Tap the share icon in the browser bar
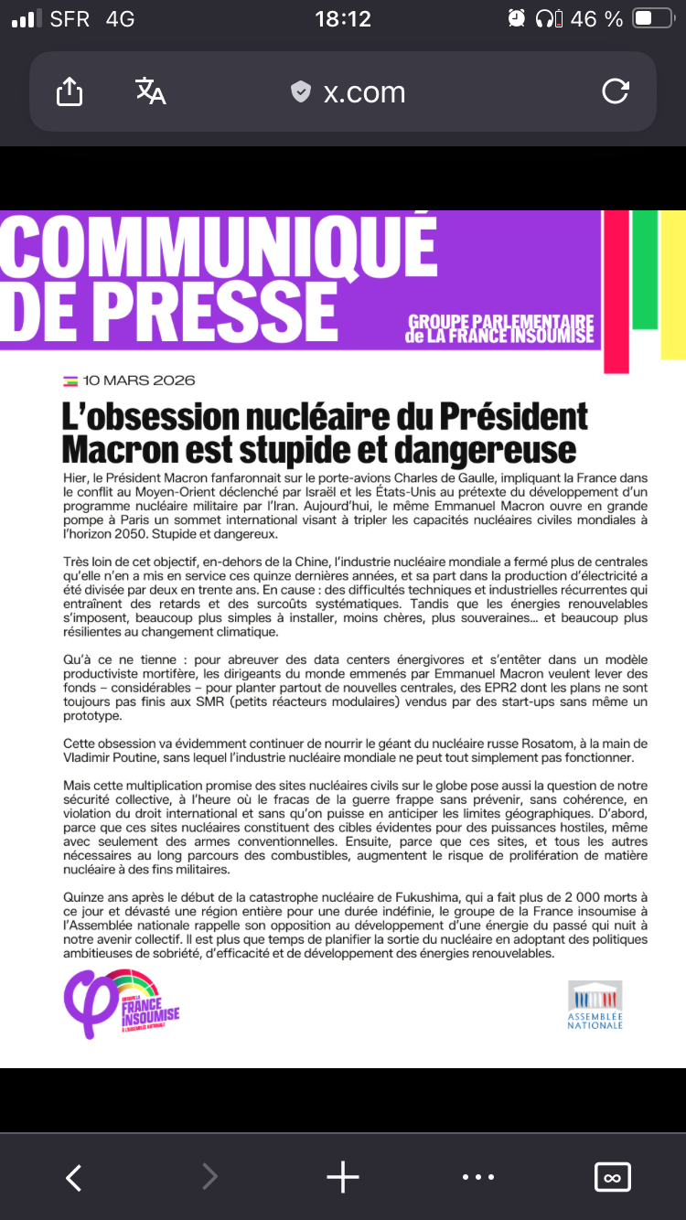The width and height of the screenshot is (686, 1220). pyautogui.click(x=70, y=91)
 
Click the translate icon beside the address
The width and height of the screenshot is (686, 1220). pyautogui.click(x=150, y=91)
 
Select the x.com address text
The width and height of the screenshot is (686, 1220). pyautogui.click(x=364, y=92)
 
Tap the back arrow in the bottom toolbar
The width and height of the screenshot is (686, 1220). pyautogui.click(x=74, y=1177)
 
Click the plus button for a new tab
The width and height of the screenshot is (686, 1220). pyautogui.click(x=343, y=1177)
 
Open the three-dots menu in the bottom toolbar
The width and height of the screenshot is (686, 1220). pyautogui.click(x=478, y=1177)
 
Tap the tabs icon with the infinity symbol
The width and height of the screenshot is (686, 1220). pyautogui.click(x=613, y=1177)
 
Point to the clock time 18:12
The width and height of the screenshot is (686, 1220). pyautogui.click(x=343, y=19)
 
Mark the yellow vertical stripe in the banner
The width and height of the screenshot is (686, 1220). pyautogui.click(x=673, y=284)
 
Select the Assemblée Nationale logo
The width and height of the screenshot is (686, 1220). pyautogui.click(x=595, y=1004)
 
